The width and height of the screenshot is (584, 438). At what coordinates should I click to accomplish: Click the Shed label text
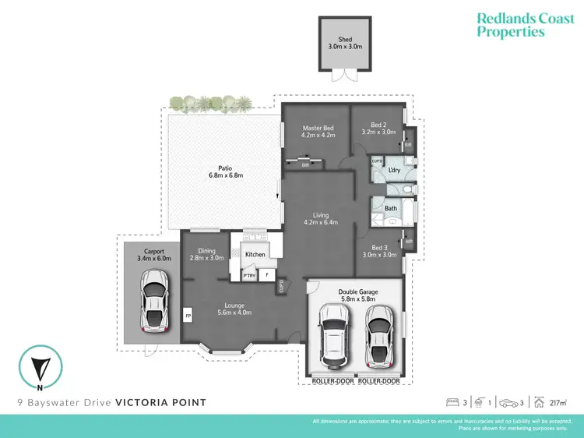point(345,39)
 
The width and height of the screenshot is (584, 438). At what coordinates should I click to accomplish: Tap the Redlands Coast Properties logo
point(510,24)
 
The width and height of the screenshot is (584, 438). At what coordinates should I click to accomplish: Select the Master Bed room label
point(318,129)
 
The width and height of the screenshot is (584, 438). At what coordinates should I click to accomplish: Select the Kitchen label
point(255,254)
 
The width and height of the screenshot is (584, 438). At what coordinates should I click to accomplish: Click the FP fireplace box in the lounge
point(188,316)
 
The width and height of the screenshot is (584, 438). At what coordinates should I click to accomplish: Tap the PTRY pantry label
point(249,275)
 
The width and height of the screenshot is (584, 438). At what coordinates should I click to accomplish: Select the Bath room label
point(391,208)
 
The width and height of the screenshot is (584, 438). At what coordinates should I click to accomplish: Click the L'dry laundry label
point(394,169)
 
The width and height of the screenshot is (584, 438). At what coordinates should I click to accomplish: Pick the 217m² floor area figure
point(558,403)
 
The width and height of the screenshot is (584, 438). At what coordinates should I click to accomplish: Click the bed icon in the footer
point(452,403)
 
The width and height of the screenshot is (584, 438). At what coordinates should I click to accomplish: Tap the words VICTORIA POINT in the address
point(161,403)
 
